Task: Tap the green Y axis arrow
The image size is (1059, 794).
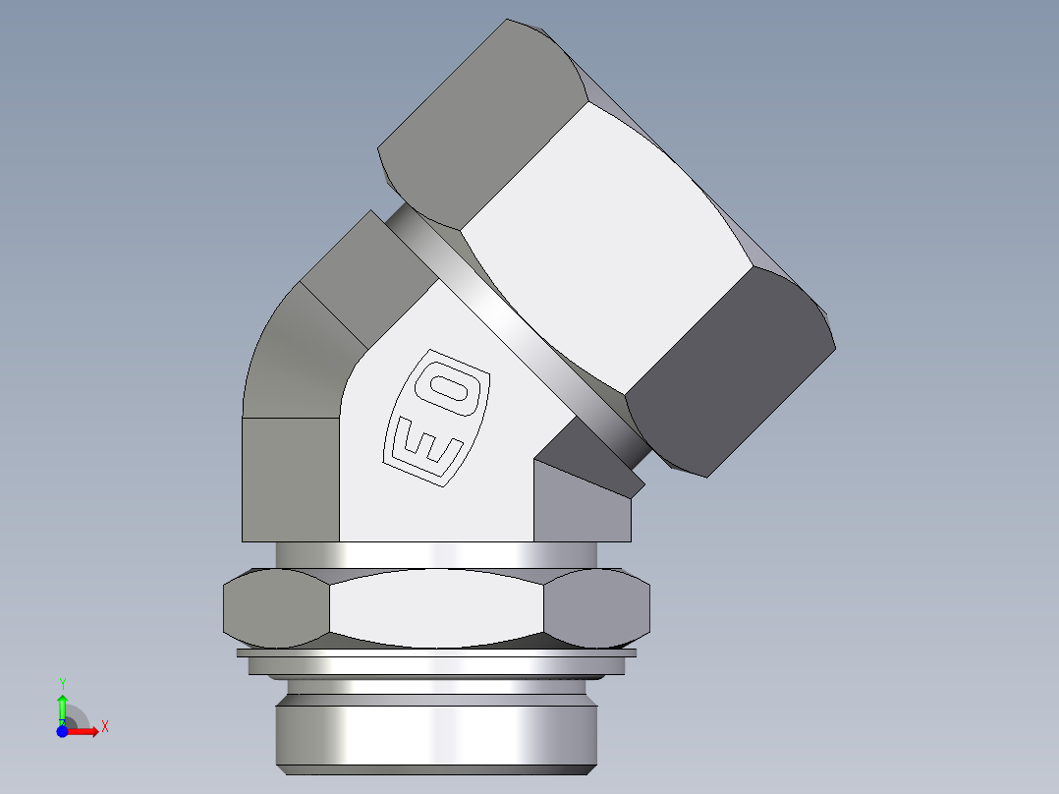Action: [62, 706]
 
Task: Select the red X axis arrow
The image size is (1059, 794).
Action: [84, 731]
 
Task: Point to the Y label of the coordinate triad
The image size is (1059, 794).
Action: [62, 683]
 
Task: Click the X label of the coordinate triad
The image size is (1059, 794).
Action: [104, 727]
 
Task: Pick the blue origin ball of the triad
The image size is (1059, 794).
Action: [62, 731]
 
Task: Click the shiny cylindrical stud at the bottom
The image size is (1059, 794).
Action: [437, 732]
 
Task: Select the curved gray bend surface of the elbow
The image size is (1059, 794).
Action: [295, 354]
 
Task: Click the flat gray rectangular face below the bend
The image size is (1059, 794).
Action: [290, 479]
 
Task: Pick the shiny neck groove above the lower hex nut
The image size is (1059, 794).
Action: [437, 554]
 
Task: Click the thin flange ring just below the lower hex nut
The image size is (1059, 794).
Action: [437, 652]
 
